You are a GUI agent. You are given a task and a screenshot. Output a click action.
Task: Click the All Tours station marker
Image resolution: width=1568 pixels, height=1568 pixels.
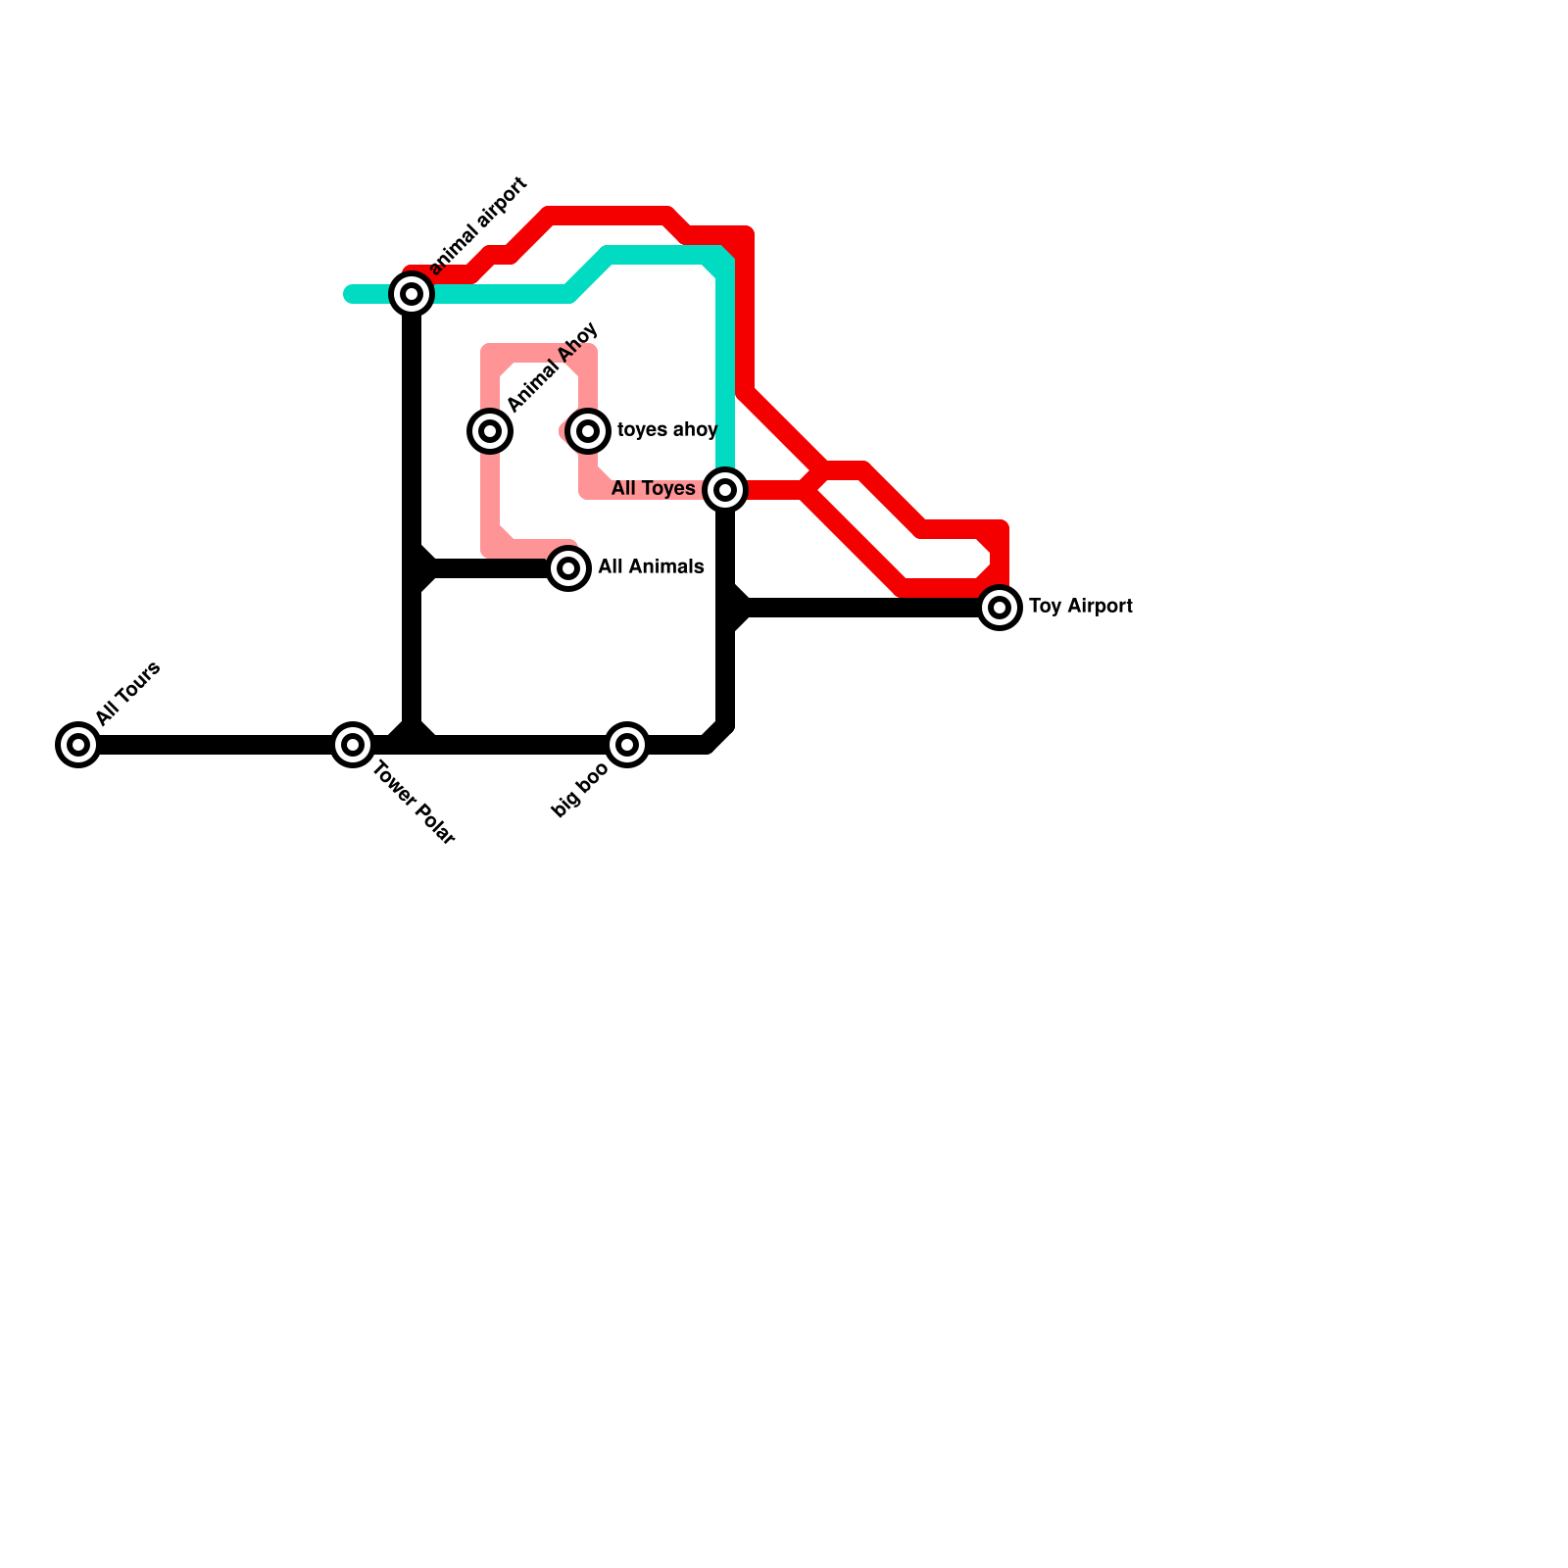coord(78,745)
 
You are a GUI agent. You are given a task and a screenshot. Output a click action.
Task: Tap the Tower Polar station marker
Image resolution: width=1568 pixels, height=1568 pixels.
coord(353,745)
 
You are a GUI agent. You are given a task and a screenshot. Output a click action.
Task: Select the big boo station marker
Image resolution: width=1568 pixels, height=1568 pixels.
coord(627,745)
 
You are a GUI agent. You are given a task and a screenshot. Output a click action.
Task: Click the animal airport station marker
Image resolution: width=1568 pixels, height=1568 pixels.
coord(412,293)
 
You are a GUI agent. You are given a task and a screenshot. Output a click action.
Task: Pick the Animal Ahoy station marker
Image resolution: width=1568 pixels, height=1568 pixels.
coord(490,430)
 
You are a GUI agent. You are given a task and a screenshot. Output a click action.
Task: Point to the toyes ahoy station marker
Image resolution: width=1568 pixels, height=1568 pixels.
coord(588,430)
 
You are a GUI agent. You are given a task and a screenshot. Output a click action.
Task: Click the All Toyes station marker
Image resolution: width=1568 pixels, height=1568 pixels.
coord(725,489)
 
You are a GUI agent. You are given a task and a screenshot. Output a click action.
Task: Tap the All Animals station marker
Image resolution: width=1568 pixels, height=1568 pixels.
coord(568,567)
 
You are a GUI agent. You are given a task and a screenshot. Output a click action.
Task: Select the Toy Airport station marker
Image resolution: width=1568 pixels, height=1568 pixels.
coord(1000,608)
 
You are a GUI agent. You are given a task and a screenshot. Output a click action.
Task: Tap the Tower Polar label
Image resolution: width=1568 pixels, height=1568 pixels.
coord(414,804)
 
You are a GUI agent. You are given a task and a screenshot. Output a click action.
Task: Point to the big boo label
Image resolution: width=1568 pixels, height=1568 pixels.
coord(579,791)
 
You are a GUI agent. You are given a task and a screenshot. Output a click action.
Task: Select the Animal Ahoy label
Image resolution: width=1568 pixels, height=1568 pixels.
coord(552,367)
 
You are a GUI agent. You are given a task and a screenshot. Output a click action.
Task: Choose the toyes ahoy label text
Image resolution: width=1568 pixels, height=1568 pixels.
coord(666,430)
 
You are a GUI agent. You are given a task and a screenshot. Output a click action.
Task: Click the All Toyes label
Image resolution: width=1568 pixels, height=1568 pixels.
coord(653,488)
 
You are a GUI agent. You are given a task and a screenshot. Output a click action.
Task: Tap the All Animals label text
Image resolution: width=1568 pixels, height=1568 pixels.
coord(651,566)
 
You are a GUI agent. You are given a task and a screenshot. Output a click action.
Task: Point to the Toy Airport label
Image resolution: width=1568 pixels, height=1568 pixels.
coord(1080,607)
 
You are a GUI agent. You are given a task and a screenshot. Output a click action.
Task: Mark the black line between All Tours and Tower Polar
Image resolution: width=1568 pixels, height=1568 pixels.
coord(216,745)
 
